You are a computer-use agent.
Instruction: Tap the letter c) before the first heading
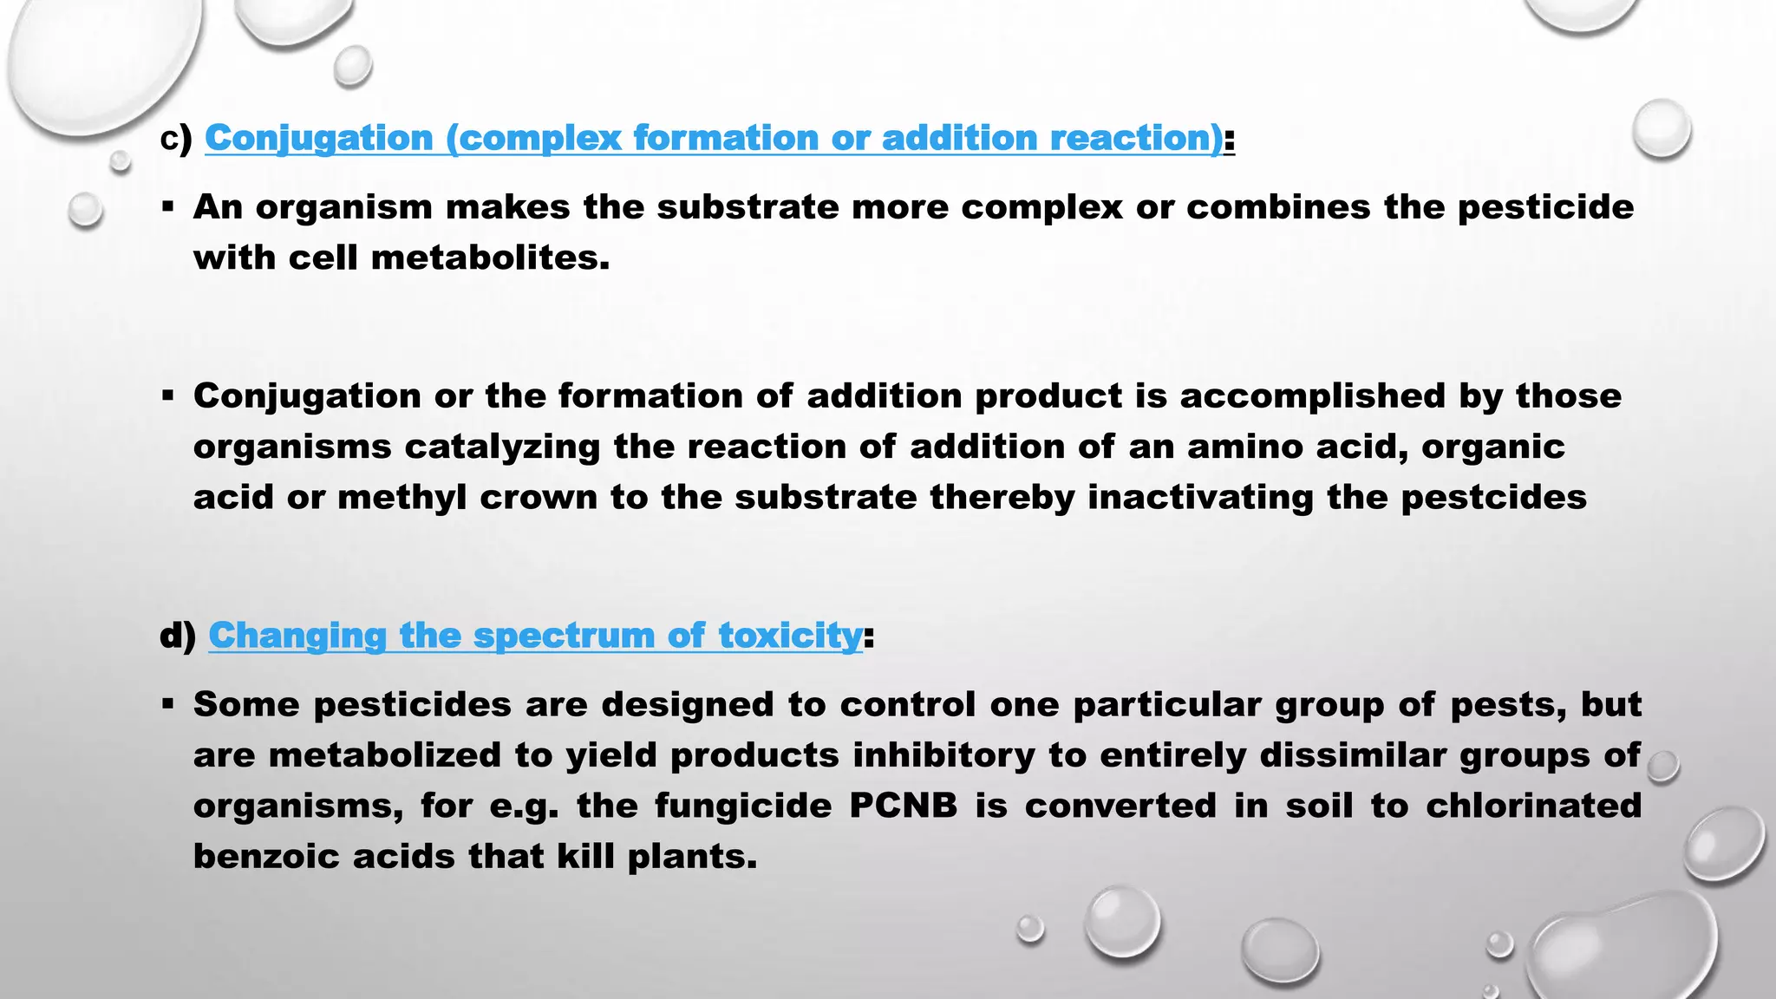click(176, 139)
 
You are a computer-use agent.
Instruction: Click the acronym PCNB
click(903, 806)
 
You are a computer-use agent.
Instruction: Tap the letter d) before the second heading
click(178, 636)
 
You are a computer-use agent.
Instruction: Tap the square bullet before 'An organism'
click(168, 207)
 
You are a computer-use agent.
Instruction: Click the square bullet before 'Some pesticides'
click(168, 704)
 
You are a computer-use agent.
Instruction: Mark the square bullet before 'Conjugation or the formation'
click(168, 396)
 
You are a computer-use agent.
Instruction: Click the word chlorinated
click(1533, 806)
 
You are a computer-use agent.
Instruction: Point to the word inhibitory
click(943, 755)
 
